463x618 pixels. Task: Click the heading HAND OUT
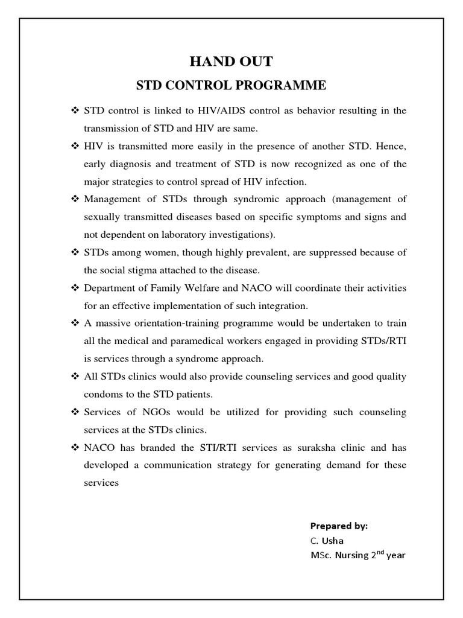point(231,61)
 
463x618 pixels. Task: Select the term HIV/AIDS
point(218,110)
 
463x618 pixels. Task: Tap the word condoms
point(103,394)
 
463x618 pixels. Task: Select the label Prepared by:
point(339,526)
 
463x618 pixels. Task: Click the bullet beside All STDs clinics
point(75,377)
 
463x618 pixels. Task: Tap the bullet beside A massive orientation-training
point(75,323)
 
